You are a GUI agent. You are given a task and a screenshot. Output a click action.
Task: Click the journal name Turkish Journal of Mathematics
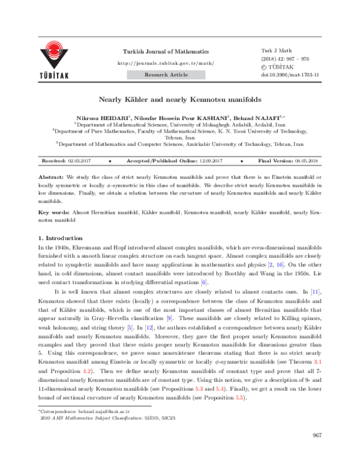click(x=166, y=52)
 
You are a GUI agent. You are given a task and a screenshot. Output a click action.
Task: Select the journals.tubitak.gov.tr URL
click(x=166, y=62)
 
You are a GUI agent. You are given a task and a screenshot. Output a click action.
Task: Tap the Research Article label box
click(x=166, y=74)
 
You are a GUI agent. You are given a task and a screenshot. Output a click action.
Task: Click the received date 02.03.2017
click(x=80, y=162)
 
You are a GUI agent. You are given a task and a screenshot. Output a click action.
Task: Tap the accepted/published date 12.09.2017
click(x=207, y=162)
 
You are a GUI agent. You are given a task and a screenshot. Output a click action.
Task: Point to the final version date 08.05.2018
click(x=307, y=162)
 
